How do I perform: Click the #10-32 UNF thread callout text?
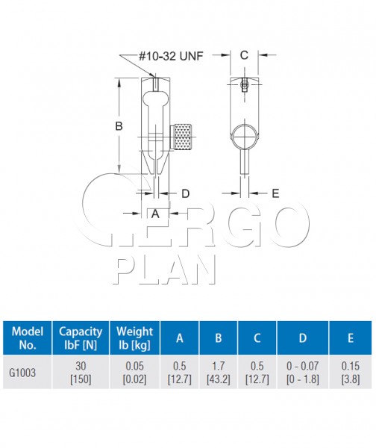[171, 56]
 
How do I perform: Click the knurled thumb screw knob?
[181, 137]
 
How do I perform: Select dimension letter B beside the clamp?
[119, 125]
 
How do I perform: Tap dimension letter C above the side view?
[244, 55]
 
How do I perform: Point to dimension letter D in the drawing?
[186, 193]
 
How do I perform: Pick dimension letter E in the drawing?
[275, 193]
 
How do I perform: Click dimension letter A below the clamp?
[155, 214]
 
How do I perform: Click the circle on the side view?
[245, 137]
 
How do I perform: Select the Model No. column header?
[28, 338]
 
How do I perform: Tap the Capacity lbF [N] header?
[81, 338]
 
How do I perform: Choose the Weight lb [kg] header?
[134, 338]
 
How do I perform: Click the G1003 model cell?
[22, 373]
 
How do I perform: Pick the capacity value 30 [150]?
[81, 373]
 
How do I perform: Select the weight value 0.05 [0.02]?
[134, 373]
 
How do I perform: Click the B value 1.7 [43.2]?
[219, 373]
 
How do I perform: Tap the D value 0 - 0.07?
[303, 366]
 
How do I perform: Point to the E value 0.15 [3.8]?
[351, 373]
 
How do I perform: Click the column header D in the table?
[303, 338]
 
